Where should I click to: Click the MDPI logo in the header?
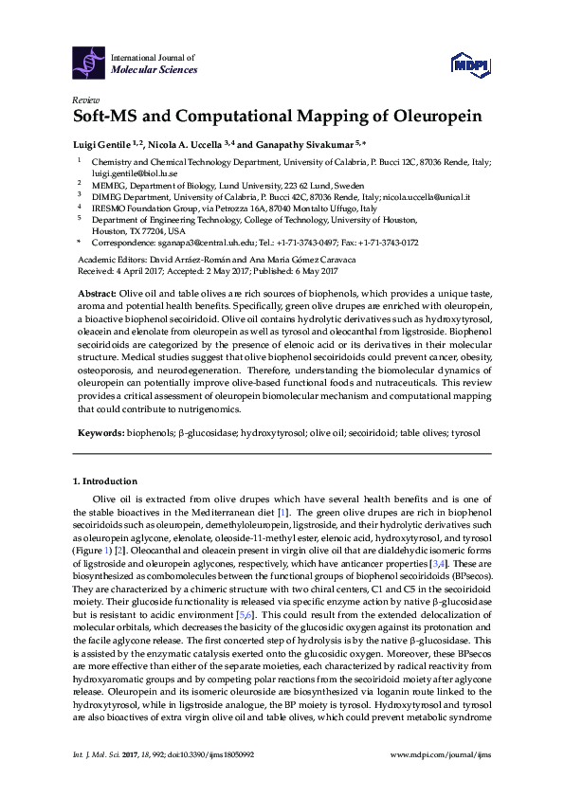[468, 63]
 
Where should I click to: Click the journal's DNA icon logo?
[89, 63]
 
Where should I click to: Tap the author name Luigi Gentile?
[101, 143]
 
